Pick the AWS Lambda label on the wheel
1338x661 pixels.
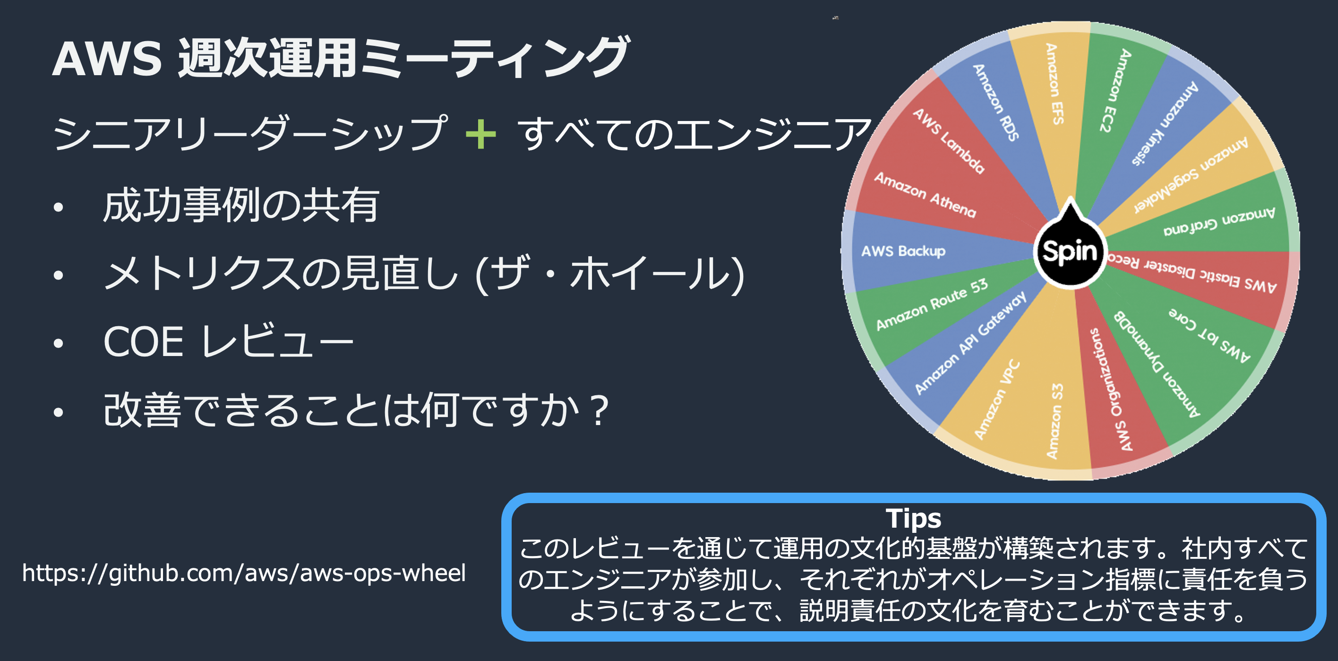(x=948, y=141)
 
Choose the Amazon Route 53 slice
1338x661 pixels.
(x=932, y=304)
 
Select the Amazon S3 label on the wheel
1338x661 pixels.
(x=1055, y=421)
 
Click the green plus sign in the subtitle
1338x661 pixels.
(x=480, y=134)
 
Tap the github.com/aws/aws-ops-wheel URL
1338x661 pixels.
(x=244, y=573)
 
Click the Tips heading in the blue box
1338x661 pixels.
(x=914, y=518)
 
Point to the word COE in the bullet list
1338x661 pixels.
(x=143, y=342)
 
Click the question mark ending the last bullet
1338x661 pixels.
(x=600, y=410)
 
